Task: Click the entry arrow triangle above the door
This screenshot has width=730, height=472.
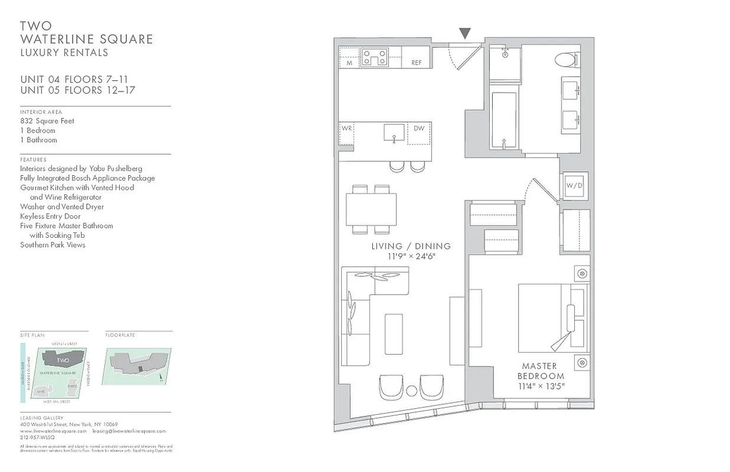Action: [x=465, y=34]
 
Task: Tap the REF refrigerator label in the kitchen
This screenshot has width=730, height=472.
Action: [x=417, y=63]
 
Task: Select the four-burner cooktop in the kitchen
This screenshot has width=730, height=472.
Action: [x=375, y=58]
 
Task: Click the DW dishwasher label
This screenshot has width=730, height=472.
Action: [x=419, y=129]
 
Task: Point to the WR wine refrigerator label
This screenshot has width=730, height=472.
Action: [x=346, y=129]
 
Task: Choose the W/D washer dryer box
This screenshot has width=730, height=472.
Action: [x=574, y=185]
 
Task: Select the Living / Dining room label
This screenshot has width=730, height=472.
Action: [x=411, y=246]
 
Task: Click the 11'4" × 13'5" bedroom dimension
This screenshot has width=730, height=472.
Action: [x=541, y=386]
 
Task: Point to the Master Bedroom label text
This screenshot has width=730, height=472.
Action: [x=541, y=371]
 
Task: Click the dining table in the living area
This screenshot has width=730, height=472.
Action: [x=371, y=209]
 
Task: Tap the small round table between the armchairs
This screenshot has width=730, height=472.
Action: [x=411, y=390]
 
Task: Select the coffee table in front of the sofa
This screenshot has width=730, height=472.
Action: [x=394, y=334]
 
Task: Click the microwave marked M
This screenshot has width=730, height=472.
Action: [x=349, y=63]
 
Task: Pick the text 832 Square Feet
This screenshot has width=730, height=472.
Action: [x=47, y=121]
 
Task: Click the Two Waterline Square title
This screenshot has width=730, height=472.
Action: [x=86, y=33]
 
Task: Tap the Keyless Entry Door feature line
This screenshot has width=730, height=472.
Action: [x=50, y=216]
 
